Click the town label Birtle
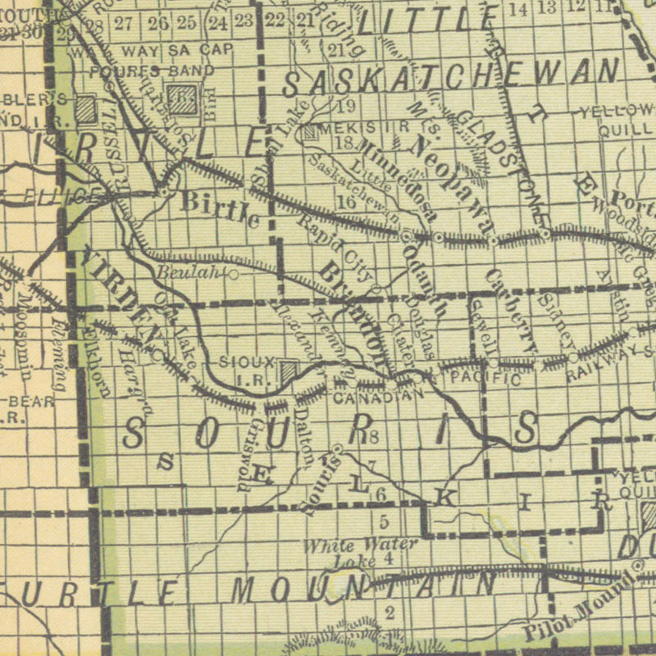(x=219, y=209)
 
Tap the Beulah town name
(x=186, y=273)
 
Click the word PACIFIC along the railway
(x=485, y=380)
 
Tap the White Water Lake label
(x=360, y=552)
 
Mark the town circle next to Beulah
(x=234, y=274)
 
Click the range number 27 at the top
(x=124, y=22)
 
